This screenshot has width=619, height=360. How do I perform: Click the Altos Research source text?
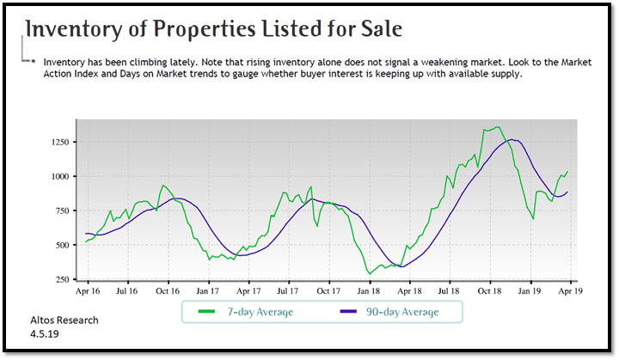pos(64,320)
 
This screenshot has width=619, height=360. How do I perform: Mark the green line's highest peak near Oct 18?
pos(497,127)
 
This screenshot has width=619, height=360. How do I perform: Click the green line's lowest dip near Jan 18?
pos(371,273)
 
